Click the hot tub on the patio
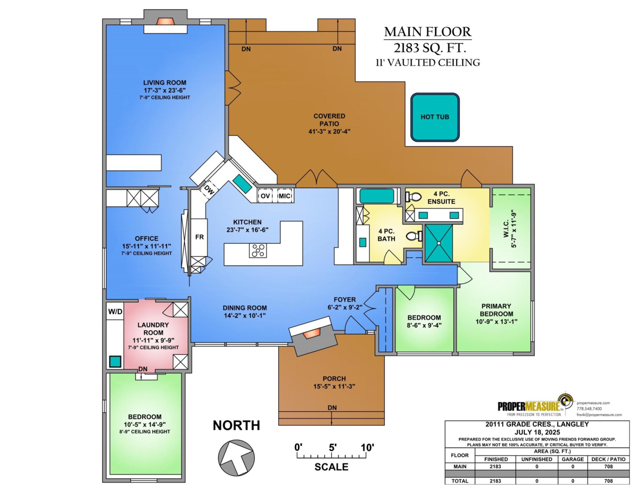click(x=435, y=117)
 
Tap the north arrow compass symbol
click(x=236, y=458)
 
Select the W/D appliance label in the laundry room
click(x=115, y=312)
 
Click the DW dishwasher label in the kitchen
click(x=209, y=191)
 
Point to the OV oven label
click(x=265, y=196)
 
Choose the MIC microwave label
click(x=285, y=196)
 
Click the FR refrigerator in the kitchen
click(x=200, y=237)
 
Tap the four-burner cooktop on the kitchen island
click(x=258, y=251)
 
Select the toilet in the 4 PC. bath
click(x=414, y=236)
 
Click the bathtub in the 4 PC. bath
click(x=377, y=196)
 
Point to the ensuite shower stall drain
click(x=439, y=243)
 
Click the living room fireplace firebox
click(x=165, y=21)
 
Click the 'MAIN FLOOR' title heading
click(x=428, y=32)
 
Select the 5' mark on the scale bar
click(x=332, y=447)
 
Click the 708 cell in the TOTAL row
click(x=608, y=481)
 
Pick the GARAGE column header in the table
click(x=573, y=459)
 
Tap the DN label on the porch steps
click(x=332, y=408)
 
